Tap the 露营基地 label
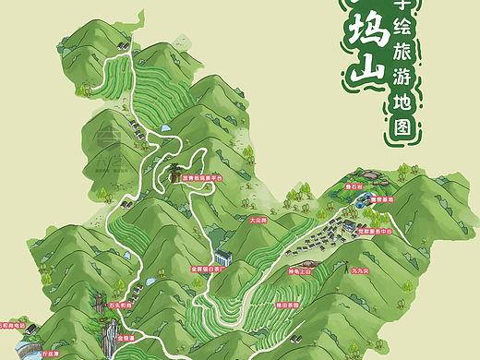[383, 199]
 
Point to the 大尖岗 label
[258, 221]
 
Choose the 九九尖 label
[359, 272]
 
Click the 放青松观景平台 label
[203, 178]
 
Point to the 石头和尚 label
[122, 304]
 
